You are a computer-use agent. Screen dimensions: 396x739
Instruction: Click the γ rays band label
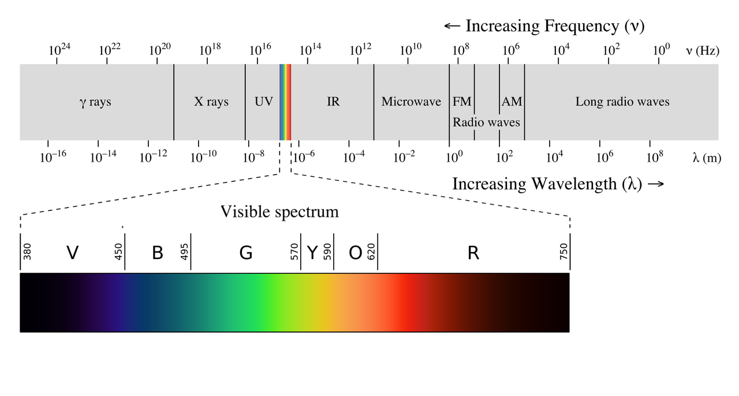click(95, 102)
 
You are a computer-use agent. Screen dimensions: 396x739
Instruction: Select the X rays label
click(211, 102)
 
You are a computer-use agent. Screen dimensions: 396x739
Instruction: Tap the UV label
click(263, 102)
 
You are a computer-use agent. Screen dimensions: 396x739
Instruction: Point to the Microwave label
click(411, 102)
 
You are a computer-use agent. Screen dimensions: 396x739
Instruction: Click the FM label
click(462, 102)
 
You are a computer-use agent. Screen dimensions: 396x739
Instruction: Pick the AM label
click(512, 102)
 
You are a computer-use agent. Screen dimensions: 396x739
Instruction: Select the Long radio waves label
click(622, 102)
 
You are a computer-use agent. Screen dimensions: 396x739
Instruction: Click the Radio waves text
click(486, 123)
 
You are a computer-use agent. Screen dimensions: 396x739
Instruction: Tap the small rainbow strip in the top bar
click(285, 102)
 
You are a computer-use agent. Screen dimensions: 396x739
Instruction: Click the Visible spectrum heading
click(279, 212)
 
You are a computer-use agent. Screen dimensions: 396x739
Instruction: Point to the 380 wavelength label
click(27, 252)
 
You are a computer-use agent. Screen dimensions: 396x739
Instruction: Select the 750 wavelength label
click(563, 252)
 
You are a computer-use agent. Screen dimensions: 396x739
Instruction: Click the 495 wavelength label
click(185, 252)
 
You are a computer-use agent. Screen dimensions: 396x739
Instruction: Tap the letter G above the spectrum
click(246, 253)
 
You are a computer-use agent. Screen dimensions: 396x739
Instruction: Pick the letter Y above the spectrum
click(312, 253)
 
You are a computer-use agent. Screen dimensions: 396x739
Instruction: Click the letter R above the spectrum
click(473, 253)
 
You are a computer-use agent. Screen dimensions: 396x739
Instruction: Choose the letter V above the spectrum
click(72, 253)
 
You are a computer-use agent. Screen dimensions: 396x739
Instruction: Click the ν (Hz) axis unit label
click(702, 50)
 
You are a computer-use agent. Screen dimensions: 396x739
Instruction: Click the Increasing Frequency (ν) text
click(544, 26)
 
